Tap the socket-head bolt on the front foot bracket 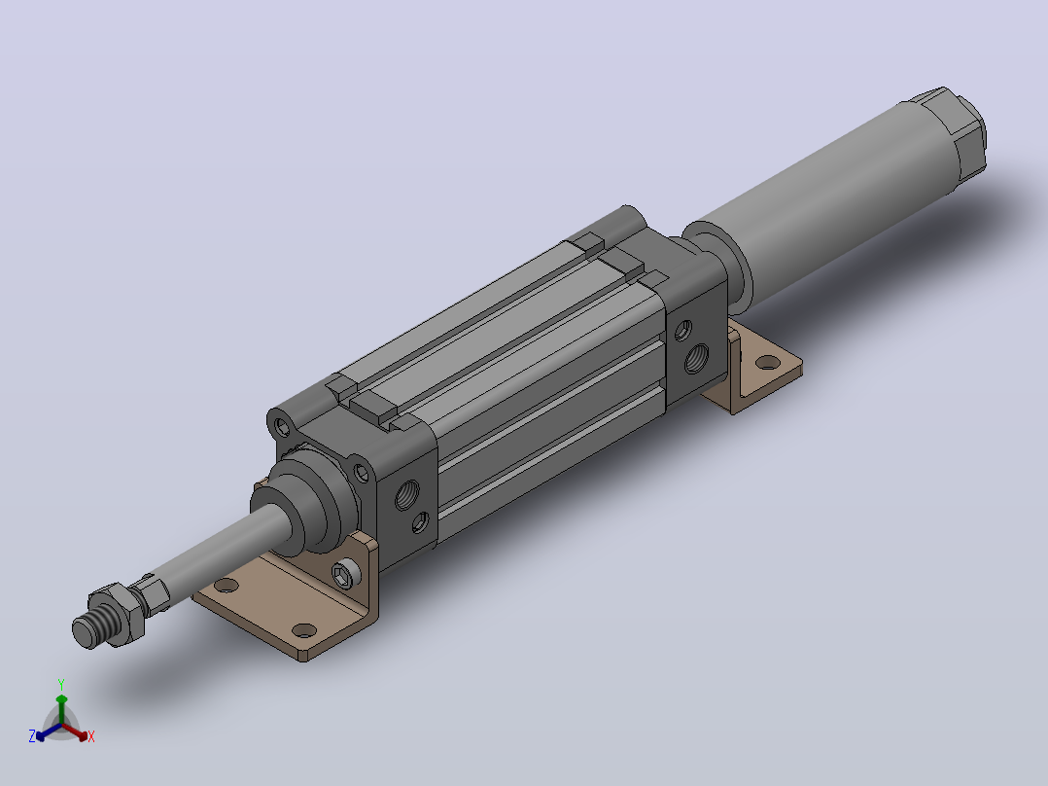(x=343, y=574)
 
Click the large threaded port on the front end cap (x=407, y=494)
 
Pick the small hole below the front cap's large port (x=420, y=522)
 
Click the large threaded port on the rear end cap (x=696, y=358)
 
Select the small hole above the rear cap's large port (x=682, y=330)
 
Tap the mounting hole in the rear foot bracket (x=768, y=363)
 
